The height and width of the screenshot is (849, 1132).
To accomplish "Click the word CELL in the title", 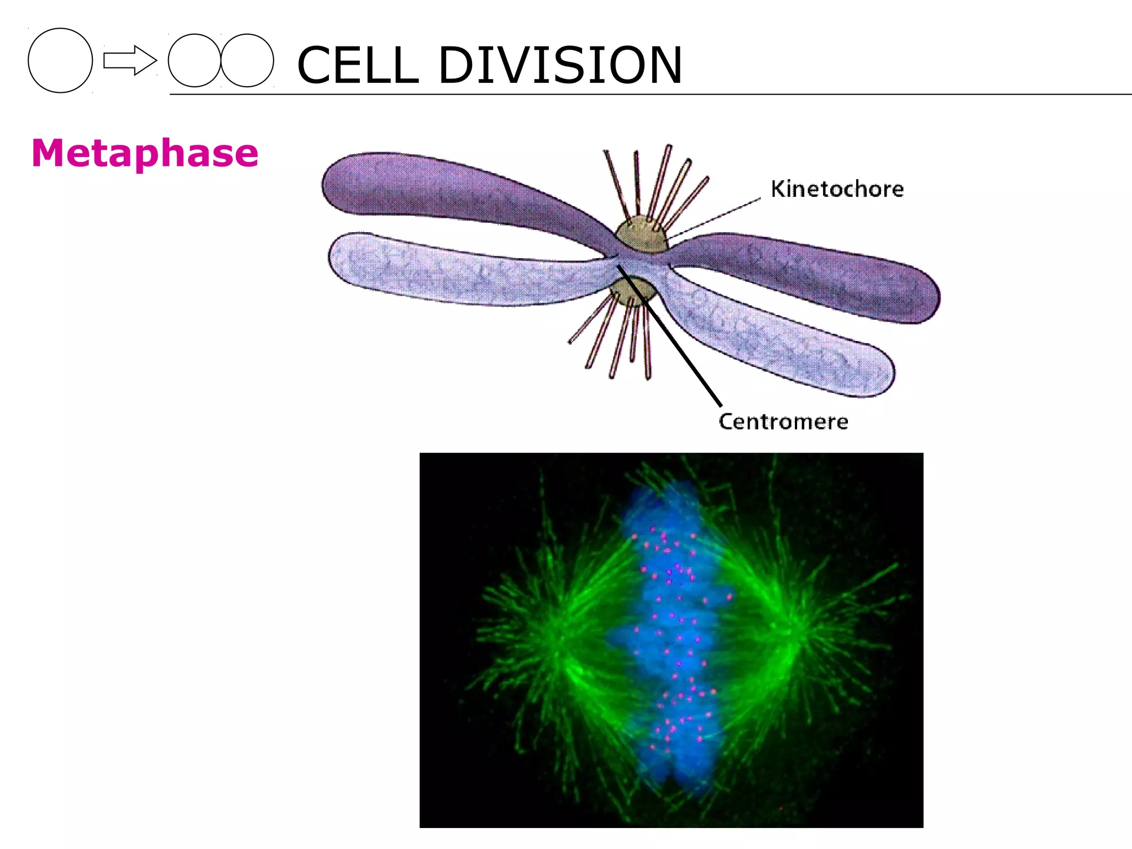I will (x=358, y=66).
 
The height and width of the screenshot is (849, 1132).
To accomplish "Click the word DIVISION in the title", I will (x=560, y=66).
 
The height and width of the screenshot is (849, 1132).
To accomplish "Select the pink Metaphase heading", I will (x=145, y=153).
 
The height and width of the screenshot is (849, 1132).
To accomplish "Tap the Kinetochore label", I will (x=837, y=189).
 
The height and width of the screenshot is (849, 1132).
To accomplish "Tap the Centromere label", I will (x=783, y=422).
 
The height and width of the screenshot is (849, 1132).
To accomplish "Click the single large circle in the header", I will (x=60, y=60).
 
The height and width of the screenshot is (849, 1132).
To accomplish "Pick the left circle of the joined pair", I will (x=193, y=60).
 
